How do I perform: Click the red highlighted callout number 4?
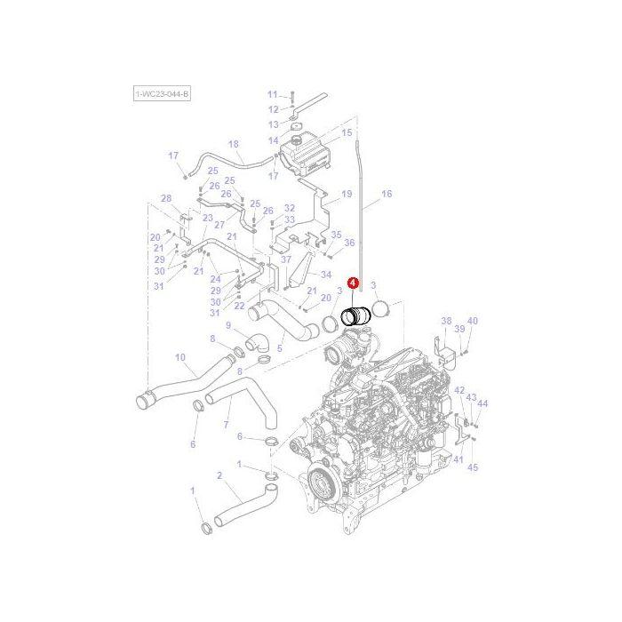pos(354,283)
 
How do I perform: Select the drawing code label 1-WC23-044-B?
pos(162,92)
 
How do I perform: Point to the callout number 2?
pos(219,476)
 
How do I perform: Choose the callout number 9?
pos(227,325)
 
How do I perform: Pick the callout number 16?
pos(387,194)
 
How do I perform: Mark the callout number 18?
pos(234,143)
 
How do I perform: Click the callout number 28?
pos(165,198)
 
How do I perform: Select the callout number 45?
pos(473,467)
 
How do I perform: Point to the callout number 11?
pos(273,93)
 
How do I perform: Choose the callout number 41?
pos(459,459)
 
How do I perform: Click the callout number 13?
pos(273,124)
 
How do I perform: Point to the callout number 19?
pos(347,194)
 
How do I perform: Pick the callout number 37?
pos(286,259)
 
